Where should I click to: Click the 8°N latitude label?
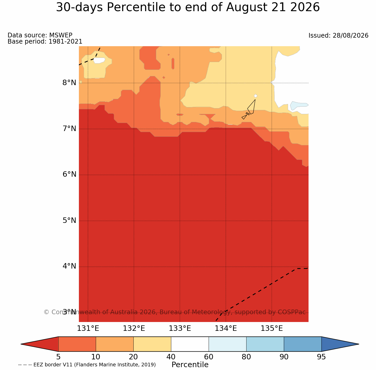tap(69, 83)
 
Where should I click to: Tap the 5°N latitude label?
tap(69, 221)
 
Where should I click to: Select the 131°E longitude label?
tap(88, 328)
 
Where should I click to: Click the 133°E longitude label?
tap(180, 328)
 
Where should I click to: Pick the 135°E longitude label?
tap(272, 328)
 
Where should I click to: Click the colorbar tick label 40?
tap(171, 357)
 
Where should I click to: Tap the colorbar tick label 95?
tap(321, 357)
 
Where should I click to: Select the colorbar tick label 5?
tap(58, 357)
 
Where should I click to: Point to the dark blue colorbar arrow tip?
tap(358, 344)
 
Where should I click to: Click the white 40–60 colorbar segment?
tap(190, 344)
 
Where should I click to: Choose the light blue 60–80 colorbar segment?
tap(228, 344)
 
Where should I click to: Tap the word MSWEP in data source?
tap(61, 35)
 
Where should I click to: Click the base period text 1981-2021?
tap(65, 41)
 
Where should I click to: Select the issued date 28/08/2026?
tap(350, 36)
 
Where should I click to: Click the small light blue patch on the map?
tap(298, 105)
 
